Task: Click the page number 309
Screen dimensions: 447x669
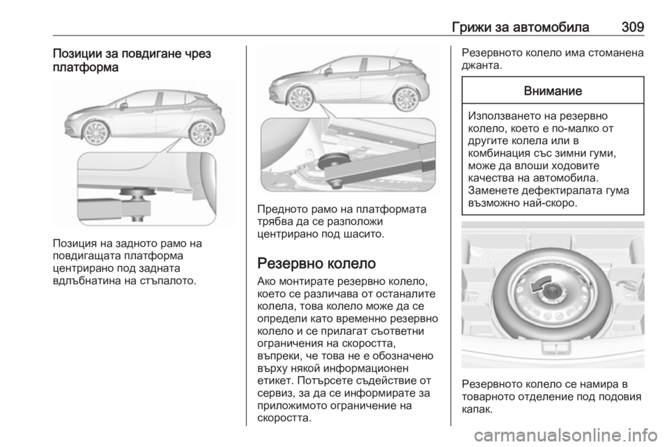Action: [x=631, y=27]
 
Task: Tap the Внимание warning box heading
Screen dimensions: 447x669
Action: [x=555, y=91]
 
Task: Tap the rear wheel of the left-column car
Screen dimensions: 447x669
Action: [x=201, y=132]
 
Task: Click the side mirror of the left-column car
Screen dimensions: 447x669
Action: [x=123, y=106]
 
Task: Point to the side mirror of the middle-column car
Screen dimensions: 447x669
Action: [x=328, y=71]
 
